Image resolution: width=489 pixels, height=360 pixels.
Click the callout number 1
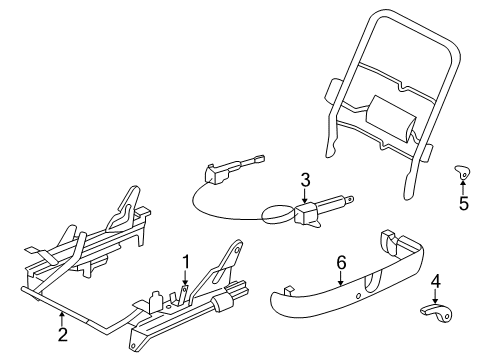[x=184, y=263]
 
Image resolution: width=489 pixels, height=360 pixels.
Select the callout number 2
[x=62, y=335]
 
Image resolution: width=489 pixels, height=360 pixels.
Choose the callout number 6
[x=340, y=262]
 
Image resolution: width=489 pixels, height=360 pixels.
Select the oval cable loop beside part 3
[x=276, y=213]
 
